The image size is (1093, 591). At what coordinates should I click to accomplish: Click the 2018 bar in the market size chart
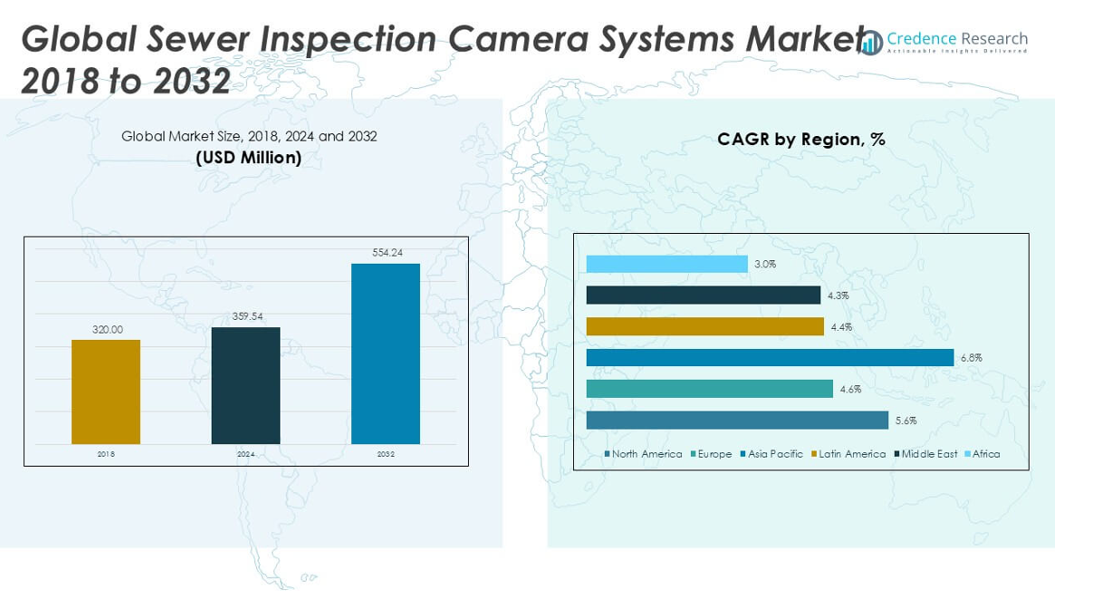click(106, 392)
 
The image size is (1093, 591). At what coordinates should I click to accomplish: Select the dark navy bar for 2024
click(245, 385)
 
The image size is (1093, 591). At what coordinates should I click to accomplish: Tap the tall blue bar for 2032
click(386, 354)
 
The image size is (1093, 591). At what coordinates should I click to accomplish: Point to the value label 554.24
click(387, 253)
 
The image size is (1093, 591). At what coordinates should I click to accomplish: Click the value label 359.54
click(246, 316)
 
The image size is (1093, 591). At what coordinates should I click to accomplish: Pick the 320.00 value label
click(107, 329)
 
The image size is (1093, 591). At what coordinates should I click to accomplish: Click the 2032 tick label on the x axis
click(386, 454)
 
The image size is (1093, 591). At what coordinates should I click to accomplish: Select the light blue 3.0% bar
click(666, 264)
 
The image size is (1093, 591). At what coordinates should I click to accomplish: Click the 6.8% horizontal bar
click(770, 357)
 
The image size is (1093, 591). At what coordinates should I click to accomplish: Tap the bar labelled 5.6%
click(737, 420)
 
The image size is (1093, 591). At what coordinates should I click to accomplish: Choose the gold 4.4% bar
click(705, 326)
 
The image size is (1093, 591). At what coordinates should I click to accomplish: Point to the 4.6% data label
click(850, 389)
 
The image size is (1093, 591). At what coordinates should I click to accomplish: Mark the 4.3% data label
click(838, 295)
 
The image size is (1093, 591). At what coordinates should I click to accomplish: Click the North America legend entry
click(646, 454)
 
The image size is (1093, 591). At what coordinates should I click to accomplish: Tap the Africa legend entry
click(985, 454)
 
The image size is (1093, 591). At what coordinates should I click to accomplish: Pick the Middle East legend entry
click(928, 454)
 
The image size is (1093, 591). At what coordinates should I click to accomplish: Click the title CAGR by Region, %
click(801, 139)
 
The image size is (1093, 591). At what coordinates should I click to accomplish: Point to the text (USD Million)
click(249, 158)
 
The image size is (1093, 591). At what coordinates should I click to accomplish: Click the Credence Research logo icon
click(871, 43)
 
